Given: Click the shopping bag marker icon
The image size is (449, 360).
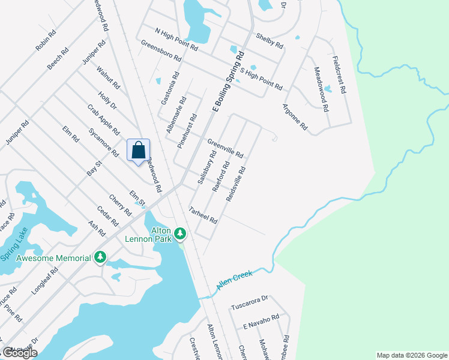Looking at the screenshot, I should (138, 150).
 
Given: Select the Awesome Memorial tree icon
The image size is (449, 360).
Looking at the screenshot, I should (100, 258).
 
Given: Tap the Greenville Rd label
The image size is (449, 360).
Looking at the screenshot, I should (225, 149).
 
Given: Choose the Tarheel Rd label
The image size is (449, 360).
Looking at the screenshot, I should (203, 215).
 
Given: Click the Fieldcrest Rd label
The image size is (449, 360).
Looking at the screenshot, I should (339, 74).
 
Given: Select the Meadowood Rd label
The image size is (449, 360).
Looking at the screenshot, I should (322, 89).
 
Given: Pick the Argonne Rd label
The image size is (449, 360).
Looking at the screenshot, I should (295, 118).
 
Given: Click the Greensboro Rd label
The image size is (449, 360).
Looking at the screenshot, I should (161, 52).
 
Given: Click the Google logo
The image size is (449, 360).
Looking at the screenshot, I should (20, 353).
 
